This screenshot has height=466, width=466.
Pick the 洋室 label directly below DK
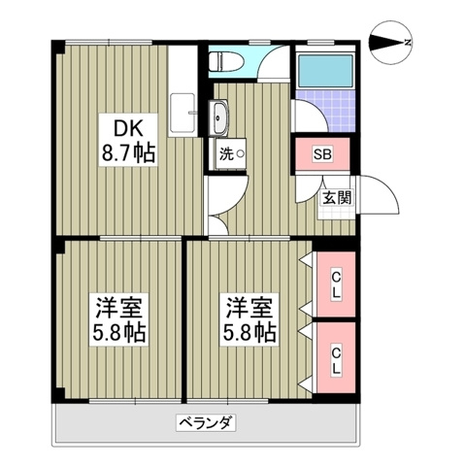(120, 308)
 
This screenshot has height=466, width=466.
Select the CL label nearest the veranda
(336, 360)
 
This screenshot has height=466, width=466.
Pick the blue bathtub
(326, 67)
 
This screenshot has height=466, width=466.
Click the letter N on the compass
(409, 42)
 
